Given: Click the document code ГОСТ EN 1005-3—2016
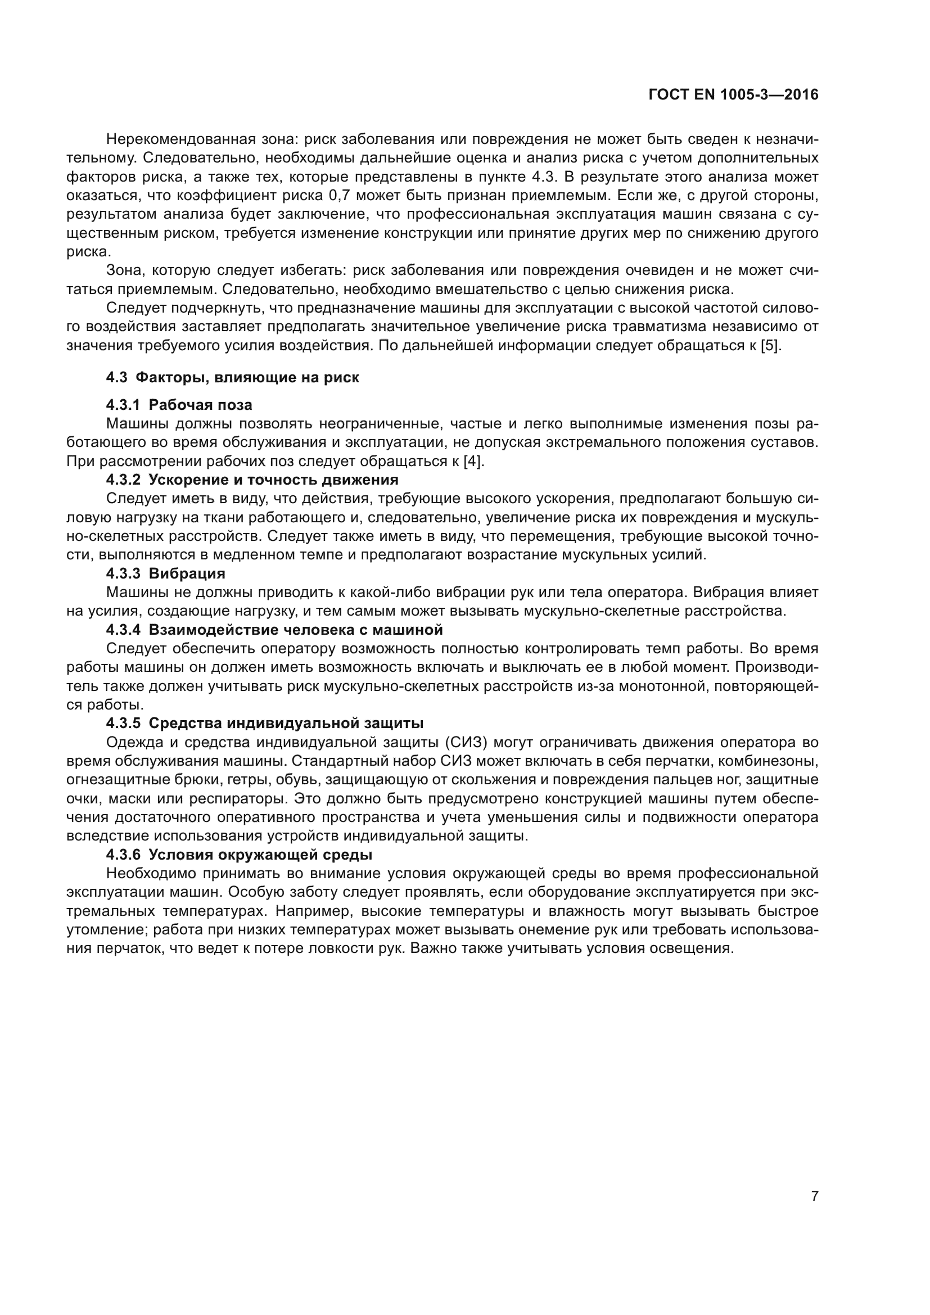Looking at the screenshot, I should point(733,95).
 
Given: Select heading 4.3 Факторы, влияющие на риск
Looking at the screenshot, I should point(233,377).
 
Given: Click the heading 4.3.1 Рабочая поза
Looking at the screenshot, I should point(179,405).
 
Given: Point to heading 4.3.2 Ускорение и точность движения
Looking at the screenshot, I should point(252,480).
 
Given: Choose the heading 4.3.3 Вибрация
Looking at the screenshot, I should point(165,573).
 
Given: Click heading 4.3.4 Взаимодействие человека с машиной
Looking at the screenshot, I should point(274,630).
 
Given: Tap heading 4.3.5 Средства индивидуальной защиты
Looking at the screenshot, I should point(265,724).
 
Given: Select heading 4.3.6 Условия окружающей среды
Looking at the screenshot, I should point(239,855).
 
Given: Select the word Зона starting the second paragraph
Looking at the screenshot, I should point(125,270).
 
